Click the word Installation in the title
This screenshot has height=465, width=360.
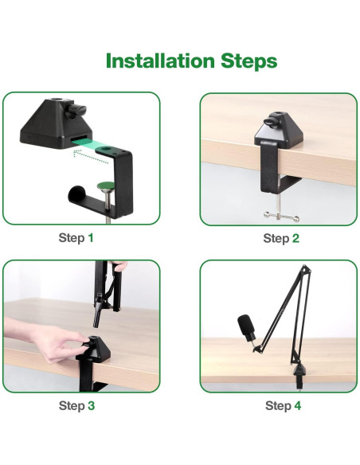click(160, 61)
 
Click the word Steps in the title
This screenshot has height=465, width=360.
click(248, 61)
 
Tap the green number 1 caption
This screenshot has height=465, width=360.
click(91, 238)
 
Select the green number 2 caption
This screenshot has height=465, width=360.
click(295, 238)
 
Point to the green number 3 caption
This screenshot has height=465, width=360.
click(92, 405)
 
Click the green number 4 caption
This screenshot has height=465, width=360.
click(297, 405)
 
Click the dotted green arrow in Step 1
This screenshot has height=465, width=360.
click(91, 157)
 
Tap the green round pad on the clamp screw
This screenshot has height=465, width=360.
click(106, 186)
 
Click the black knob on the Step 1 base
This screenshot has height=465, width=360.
click(76, 111)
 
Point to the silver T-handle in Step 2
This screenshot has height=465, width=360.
click(281, 217)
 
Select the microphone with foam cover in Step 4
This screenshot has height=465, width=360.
click(247, 328)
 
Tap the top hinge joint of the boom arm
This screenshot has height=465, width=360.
click(305, 269)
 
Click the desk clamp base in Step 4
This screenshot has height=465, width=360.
click(299, 377)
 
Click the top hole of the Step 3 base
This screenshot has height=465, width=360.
click(94, 338)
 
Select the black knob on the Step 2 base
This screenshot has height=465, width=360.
click(271, 122)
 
